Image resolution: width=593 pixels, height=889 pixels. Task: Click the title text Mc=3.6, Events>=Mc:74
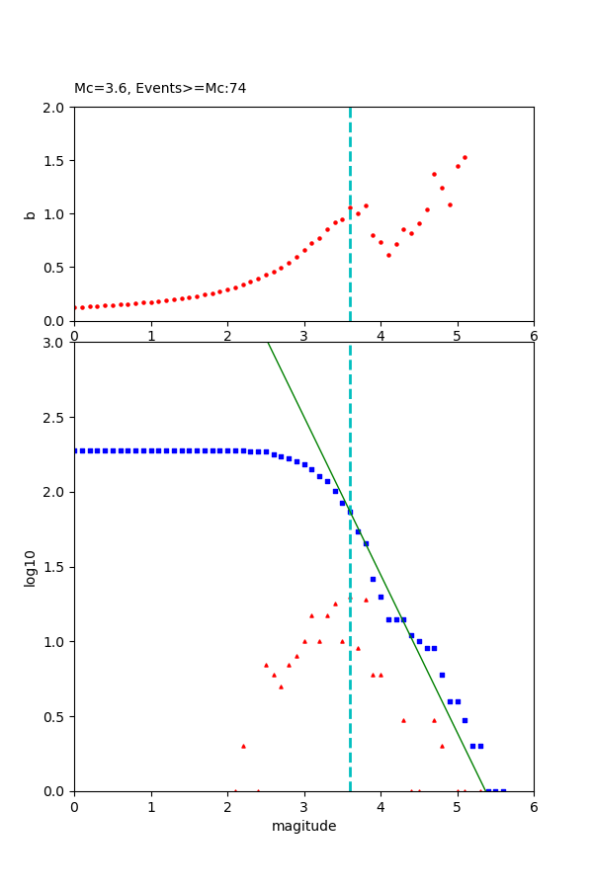click(160, 89)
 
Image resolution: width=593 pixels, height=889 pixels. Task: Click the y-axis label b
click(30, 213)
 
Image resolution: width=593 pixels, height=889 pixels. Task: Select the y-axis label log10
click(30, 567)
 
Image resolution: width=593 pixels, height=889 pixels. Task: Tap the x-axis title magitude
click(303, 826)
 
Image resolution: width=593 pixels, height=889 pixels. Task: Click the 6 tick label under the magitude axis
click(534, 807)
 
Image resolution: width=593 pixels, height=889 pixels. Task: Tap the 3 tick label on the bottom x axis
click(303, 807)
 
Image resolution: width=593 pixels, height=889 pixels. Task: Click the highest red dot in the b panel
click(465, 157)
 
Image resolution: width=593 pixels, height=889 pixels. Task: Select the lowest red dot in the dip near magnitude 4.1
click(388, 255)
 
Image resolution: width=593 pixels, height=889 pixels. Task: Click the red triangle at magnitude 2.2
click(243, 746)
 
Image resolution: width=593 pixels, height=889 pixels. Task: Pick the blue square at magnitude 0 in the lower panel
click(75, 450)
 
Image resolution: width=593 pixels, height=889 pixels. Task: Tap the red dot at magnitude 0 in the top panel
click(75, 307)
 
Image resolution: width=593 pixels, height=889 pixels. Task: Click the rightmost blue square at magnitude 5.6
click(503, 790)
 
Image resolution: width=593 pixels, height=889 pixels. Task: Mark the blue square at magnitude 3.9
click(373, 579)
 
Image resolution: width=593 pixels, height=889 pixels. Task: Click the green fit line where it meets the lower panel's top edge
click(268, 344)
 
